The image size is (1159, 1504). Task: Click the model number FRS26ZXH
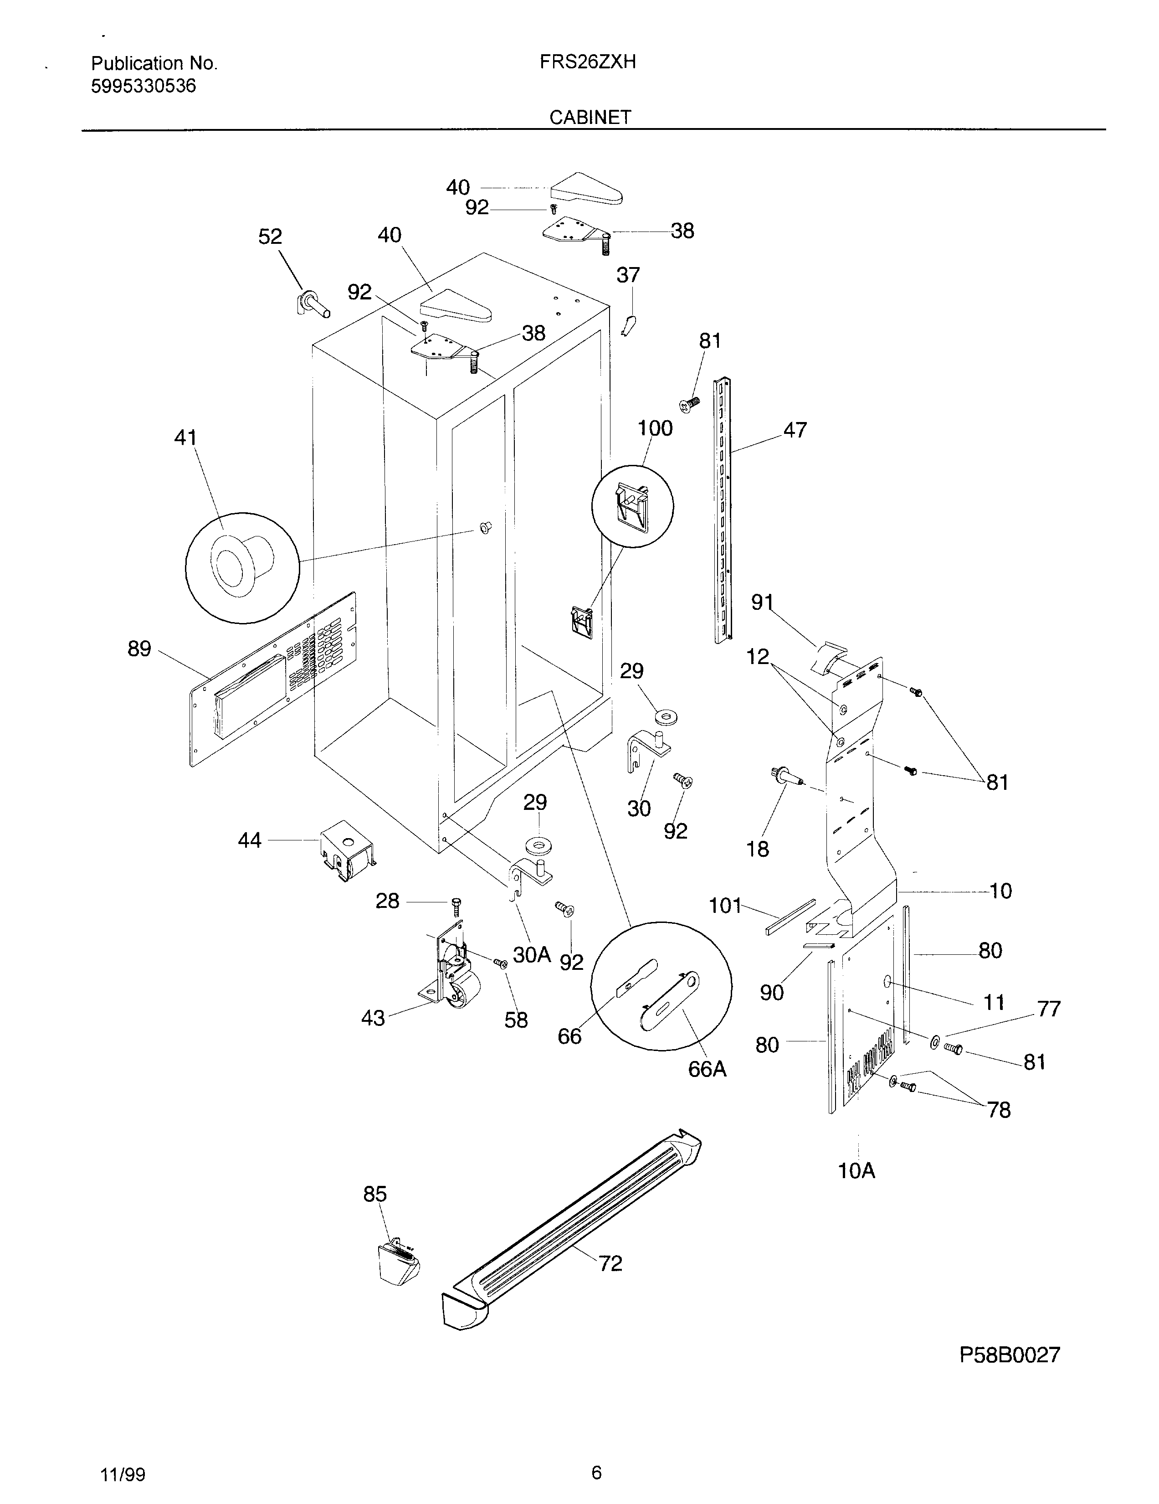click(x=587, y=63)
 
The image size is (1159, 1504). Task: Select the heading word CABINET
click(x=590, y=118)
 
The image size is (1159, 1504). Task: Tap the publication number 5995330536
click(x=143, y=86)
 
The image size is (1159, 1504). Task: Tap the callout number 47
click(x=795, y=430)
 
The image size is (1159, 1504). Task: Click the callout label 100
click(x=655, y=428)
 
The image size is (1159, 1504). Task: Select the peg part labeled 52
click(x=313, y=304)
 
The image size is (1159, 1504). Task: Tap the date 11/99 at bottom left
click(x=123, y=1474)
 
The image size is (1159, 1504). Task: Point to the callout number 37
click(x=628, y=275)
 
